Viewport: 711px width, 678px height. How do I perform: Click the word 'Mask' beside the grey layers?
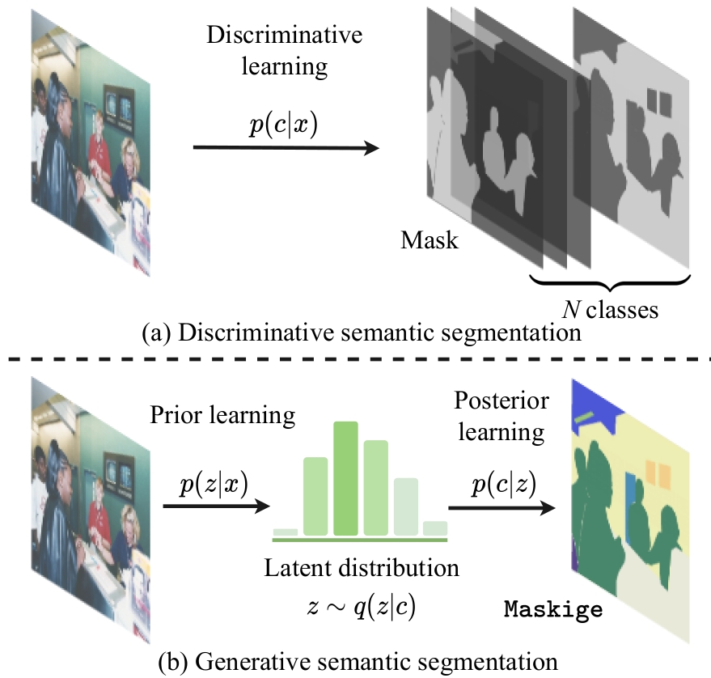pos(429,239)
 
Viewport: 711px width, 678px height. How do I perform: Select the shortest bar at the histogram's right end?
pos(435,528)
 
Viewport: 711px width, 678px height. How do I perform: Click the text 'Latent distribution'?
pos(362,568)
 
